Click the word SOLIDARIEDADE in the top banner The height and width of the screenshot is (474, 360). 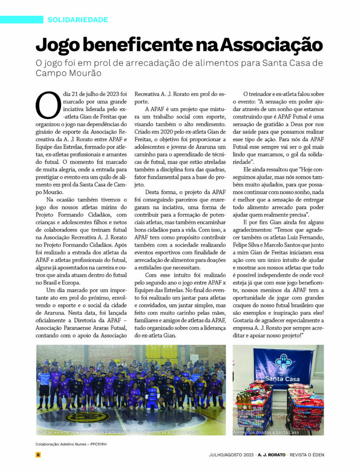[x=77, y=20]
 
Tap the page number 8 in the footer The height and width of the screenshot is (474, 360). [x=38, y=455]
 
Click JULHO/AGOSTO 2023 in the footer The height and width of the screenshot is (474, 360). [x=231, y=455]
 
